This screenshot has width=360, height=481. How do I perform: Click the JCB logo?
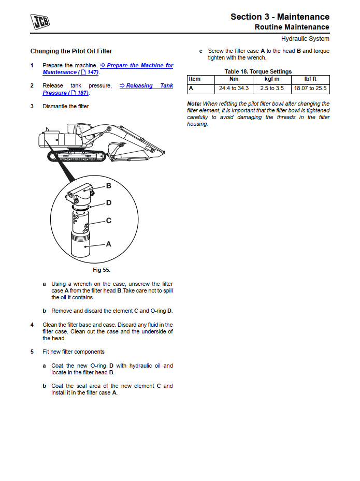[40, 22]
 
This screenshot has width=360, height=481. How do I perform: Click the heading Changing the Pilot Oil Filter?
[71, 51]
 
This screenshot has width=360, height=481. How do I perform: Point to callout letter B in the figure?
[109, 185]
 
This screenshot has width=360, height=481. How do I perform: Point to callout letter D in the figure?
[109, 203]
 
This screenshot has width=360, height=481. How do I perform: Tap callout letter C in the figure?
[109, 221]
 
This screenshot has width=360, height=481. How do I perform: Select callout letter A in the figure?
[109, 243]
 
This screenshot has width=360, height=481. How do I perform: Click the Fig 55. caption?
[102, 270]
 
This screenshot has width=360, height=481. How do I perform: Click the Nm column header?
[234, 79]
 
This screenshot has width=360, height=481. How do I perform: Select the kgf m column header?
[272, 79]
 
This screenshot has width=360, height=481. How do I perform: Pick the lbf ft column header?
[310, 79]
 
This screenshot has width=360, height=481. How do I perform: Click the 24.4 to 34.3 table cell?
[234, 89]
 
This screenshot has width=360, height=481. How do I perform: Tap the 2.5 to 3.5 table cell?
[272, 89]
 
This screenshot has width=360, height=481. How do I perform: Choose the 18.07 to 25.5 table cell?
[310, 89]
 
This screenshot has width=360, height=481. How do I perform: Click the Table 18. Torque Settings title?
[258, 71]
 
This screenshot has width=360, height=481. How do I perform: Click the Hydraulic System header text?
[305, 39]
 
